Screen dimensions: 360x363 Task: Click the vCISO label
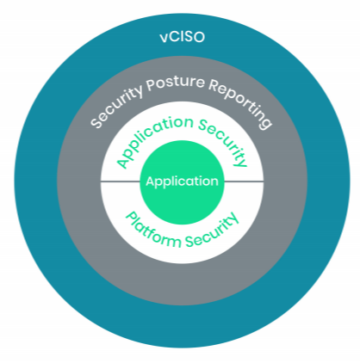click(x=182, y=37)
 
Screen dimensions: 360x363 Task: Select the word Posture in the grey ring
click(x=175, y=83)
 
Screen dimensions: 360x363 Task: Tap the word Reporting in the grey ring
click(x=240, y=103)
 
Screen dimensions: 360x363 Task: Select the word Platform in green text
click(x=153, y=231)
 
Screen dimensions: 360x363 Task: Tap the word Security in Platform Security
click(x=212, y=231)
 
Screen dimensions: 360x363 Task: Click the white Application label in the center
click(x=182, y=181)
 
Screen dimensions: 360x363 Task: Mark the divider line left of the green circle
click(x=120, y=181)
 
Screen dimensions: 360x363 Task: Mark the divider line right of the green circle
click(x=244, y=181)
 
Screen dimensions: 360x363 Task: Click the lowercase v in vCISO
click(x=164, y=39)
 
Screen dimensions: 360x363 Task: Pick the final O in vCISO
click(x=199, y=37)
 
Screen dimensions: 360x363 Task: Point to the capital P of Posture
click(x=151, y=85)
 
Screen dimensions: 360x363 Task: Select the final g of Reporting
click(x=264, y=122)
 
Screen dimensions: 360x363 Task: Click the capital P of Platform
click(x=131, y=218)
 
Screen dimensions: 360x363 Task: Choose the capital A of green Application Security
click(x=123, y=163)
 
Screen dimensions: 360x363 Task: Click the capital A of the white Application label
click(x=151, y=181)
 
